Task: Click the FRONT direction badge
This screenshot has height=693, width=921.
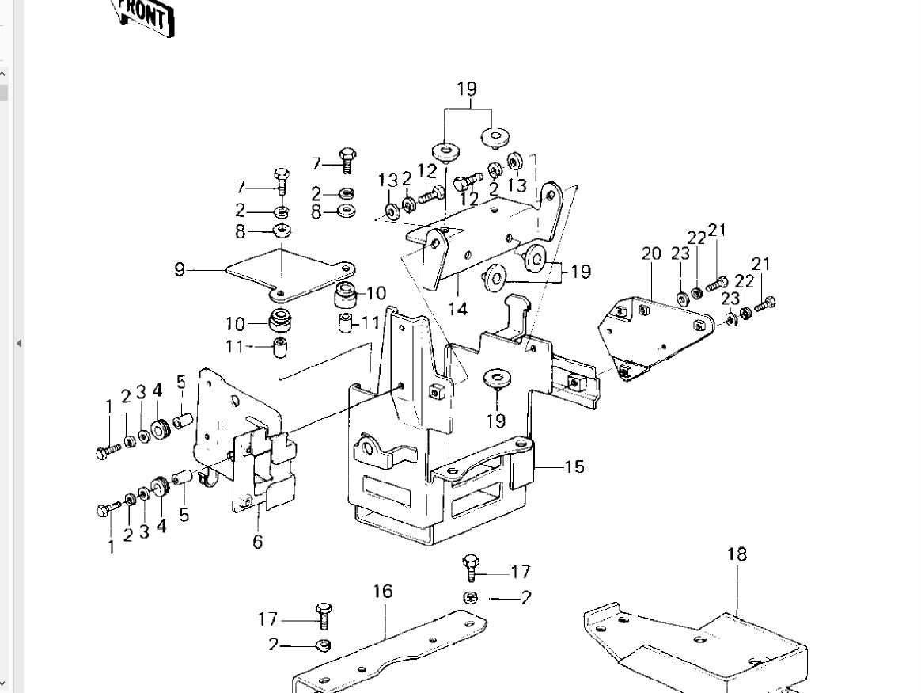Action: (x=145, y=16)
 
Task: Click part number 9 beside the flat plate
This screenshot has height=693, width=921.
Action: (x=180, y=270)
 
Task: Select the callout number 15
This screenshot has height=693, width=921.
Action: (x=574, y=466)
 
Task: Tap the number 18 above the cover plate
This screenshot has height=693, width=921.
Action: (x=737, y=554)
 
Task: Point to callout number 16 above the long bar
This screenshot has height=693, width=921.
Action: (x=382, y=592)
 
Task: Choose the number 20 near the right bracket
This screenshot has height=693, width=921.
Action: (x=651, y=254)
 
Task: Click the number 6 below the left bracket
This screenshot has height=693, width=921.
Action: (x=257, y=543)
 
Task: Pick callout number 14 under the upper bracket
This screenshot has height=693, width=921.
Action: (x=458, y=308)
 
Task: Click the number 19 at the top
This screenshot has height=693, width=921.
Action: (x=467, y=89)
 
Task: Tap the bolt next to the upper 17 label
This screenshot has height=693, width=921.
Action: (x=472, y=567)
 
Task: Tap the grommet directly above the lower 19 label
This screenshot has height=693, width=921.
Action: (x=496, y=378)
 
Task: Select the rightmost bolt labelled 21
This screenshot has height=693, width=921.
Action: (x=766, y=303)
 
